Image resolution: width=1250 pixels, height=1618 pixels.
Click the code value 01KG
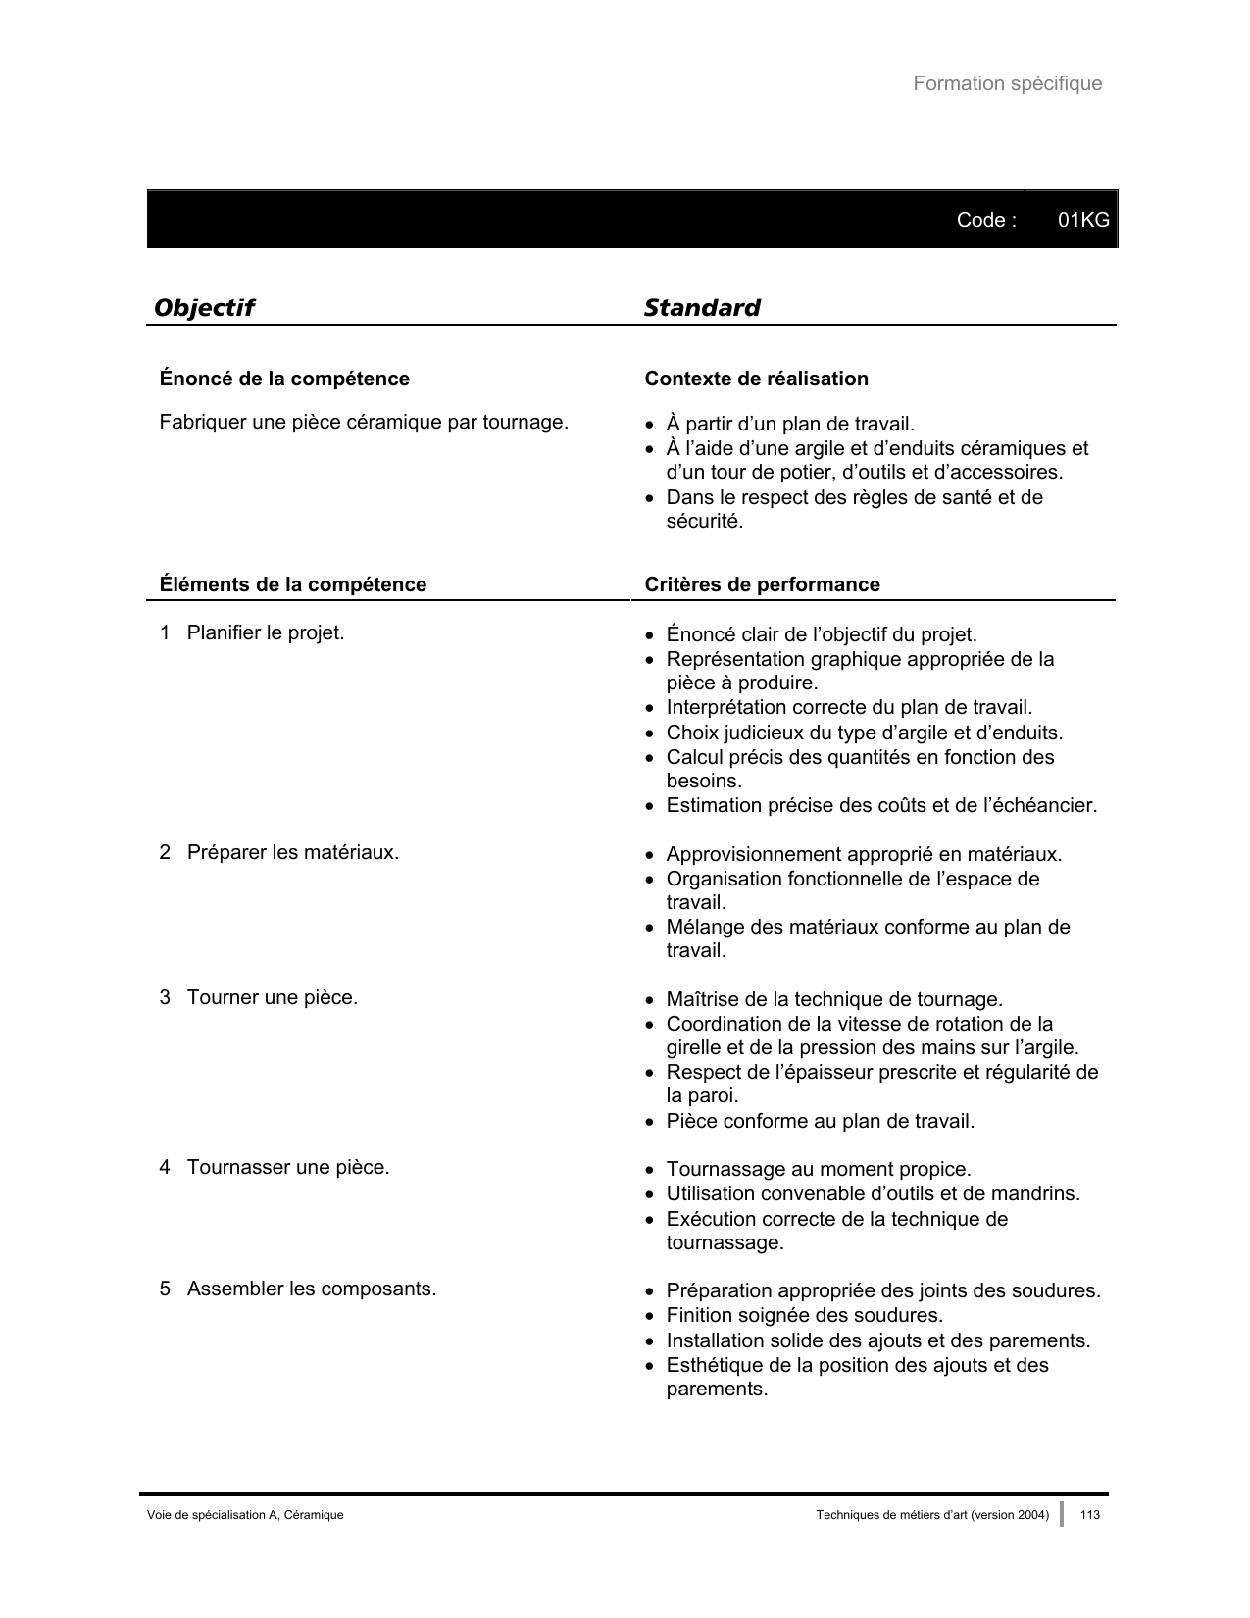(1083, 220)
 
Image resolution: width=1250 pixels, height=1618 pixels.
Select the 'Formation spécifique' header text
(1007, 84)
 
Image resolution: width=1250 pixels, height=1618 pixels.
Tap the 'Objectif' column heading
(204, 308)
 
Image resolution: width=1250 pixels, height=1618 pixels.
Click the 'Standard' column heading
(702, 308)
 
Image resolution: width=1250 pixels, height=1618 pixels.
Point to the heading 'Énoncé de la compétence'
(284, 379)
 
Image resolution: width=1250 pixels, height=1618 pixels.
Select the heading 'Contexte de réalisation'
(756, 379)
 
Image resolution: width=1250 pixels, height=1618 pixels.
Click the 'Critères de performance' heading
(762, 585)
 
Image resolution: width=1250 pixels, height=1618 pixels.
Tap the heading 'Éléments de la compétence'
(293, 585)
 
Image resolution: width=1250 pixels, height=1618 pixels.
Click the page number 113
(1089, 1515)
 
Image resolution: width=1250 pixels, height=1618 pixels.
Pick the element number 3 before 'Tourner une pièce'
(165, 998)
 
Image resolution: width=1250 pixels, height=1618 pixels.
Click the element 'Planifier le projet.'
(265, 633)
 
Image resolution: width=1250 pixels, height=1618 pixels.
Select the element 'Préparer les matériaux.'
(292, 853)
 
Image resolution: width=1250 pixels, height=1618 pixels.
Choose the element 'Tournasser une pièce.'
(288, 1168)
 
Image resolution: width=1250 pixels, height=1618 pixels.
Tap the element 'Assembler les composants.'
(312, 1289)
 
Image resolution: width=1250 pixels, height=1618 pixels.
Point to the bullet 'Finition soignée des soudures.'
(804, 1316)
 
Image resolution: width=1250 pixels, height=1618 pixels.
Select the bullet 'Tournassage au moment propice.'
(819, 1170)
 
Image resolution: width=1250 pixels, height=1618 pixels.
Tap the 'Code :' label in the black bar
(985, 220)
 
